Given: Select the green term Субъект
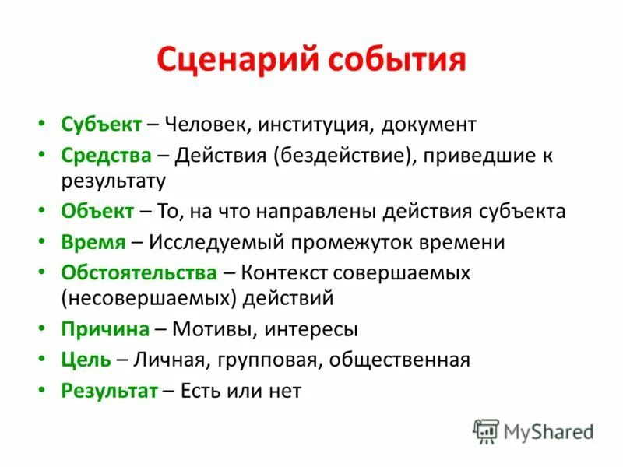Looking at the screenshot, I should click(101, 124).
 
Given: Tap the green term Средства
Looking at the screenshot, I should click(106, 154).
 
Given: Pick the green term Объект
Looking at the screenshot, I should click(97, 212).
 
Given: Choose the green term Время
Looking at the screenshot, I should click(93, 242).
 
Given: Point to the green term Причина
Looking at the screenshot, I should click(105, 329).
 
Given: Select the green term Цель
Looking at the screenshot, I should click(85, 360).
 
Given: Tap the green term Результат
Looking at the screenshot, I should click(110, 390).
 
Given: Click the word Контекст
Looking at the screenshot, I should click(288, 272).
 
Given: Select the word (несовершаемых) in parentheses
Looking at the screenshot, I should click(149, 297).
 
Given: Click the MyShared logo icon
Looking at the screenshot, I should click(486, 431).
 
